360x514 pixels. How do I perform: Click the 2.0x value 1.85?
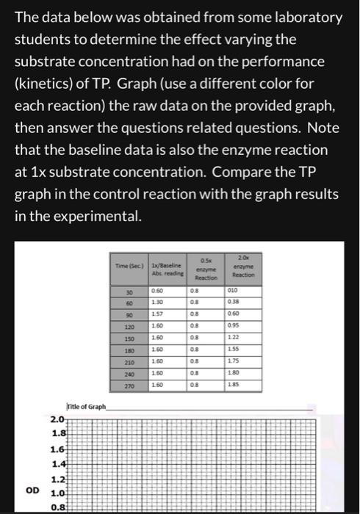(x=233, y=383)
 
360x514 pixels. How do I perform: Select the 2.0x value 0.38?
(x=233, y=301)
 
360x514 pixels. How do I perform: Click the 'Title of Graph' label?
(x=87, y=406)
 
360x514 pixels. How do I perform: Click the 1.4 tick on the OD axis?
(x=58, y=464)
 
